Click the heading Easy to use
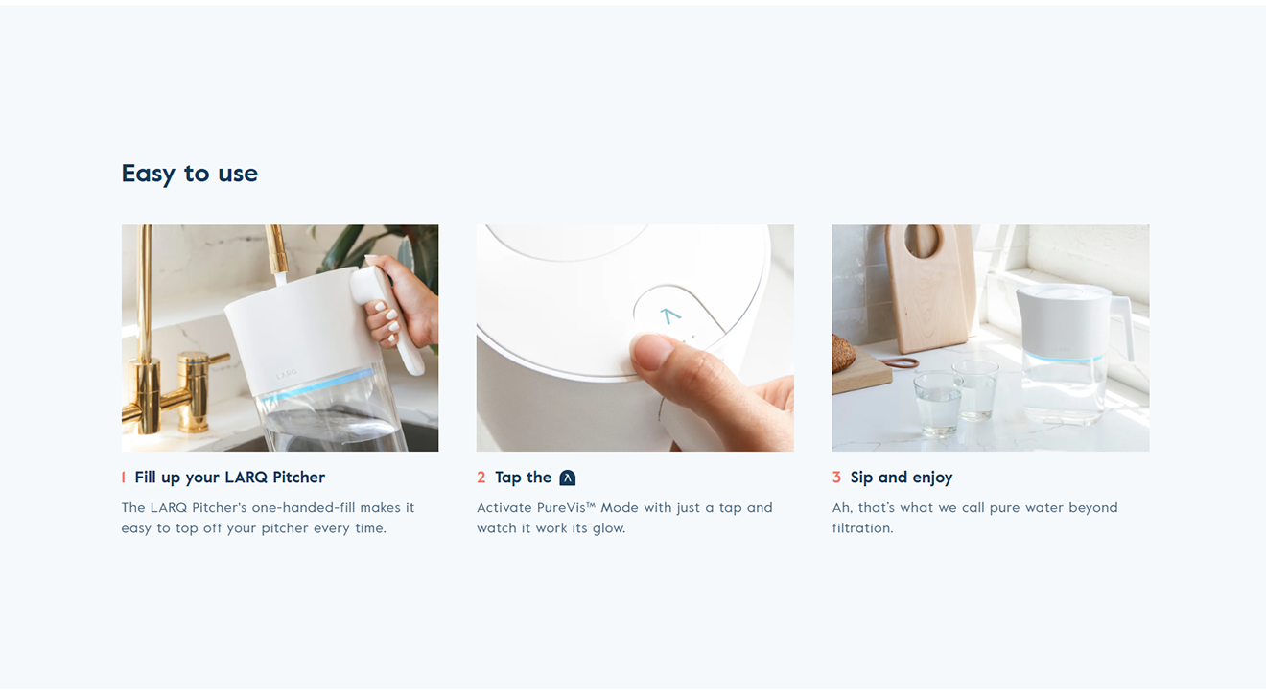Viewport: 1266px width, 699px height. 189,174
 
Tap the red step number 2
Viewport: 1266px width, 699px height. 481,478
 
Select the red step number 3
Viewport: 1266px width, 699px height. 836,478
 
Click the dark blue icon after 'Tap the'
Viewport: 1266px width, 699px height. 568,478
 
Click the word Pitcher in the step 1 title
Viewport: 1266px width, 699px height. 299,478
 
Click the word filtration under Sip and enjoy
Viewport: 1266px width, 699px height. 862,528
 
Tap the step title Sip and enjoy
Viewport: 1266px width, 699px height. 902,478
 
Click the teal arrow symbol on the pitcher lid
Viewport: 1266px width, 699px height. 669,315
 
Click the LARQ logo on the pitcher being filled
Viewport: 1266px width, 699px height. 287,374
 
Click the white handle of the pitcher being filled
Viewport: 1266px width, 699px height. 390,316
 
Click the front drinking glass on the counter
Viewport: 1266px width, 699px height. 937,404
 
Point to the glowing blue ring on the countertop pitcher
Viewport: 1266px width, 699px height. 1063,357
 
